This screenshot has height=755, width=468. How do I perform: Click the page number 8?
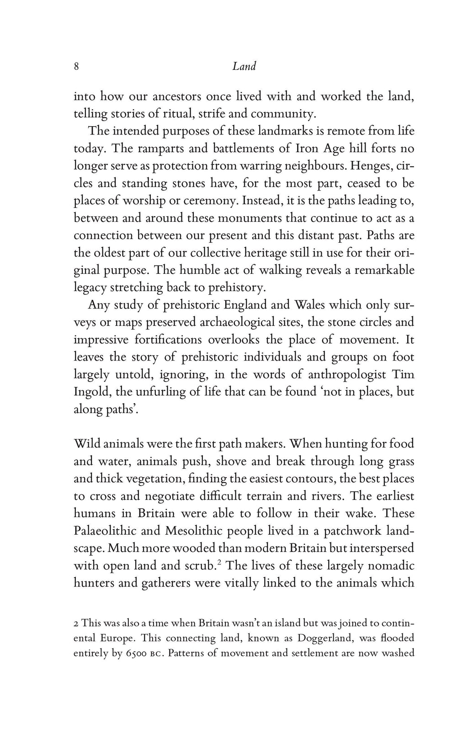click(x=77, y=67)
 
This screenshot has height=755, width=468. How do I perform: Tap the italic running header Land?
click(x=244, y=67)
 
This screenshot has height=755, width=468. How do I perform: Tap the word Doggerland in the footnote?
click(x=324, y=638)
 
